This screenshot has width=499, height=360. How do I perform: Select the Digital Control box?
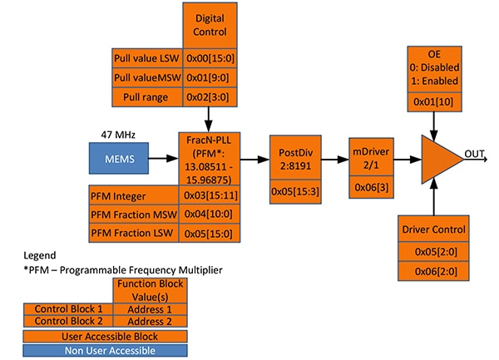[x=209, y=25]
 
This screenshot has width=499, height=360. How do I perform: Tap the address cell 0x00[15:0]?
[x=209, y=58]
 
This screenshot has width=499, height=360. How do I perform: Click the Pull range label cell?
[x=146, y=97]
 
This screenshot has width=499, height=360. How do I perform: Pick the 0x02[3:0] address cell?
[x=209, y=97]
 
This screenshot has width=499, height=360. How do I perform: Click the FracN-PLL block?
[x=209, y=159]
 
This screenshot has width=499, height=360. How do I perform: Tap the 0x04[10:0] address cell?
[x=209, y=216]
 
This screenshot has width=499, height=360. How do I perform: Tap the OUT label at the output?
[x=476, y=153]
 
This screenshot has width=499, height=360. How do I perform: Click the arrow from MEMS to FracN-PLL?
[x=163, y=158]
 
